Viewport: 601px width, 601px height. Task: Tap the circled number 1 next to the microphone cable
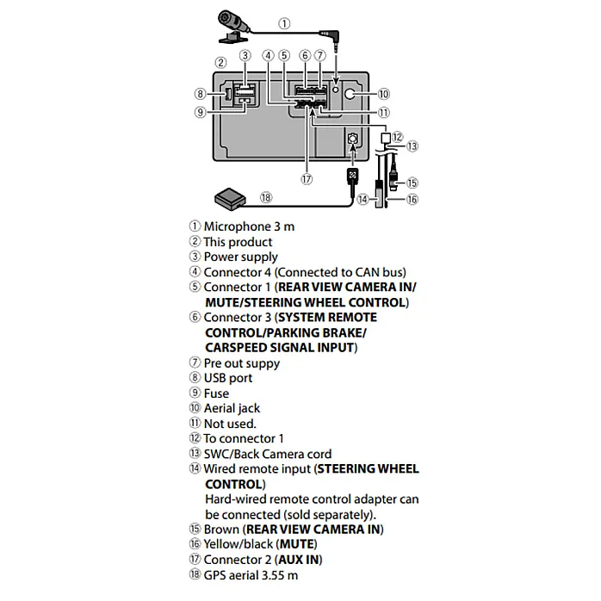tap(284, 23)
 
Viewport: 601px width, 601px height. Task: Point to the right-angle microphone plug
tap(331, 38)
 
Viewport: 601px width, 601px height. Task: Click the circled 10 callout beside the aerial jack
tap(384, 94)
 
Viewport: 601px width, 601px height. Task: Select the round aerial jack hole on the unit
tap(350, 94)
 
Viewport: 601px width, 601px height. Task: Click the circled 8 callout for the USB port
tap(200, 94)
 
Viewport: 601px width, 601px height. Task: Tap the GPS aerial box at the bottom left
tap(230, 199)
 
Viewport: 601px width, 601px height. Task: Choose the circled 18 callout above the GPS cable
tap(266, 198)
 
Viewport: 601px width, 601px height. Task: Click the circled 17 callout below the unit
tap(307, 179)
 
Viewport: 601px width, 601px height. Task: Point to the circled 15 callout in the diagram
tap(412, 183)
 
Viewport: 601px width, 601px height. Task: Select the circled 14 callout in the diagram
tap(362, 199)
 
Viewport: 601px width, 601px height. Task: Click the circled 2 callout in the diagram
tap(220, 63)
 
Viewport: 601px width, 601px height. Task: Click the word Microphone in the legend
tap(237, 226)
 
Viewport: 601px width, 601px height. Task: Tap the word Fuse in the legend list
tap(217, 393)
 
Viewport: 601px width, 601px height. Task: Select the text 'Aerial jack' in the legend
tap(232, 409)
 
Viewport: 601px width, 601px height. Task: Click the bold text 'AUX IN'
tap(299, 560)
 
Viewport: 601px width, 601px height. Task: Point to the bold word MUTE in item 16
tap(297, 544)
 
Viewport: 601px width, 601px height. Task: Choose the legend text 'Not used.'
tap(230, 424)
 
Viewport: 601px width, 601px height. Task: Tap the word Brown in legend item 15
tap(221, 530)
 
